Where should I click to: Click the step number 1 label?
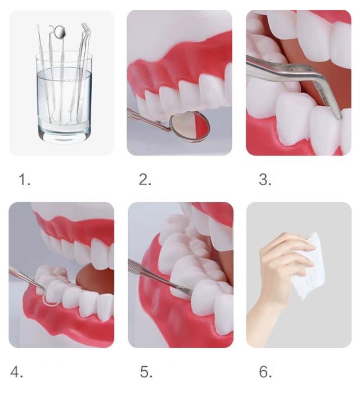pos(25,179)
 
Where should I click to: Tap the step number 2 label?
pos(145,179)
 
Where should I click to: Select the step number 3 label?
pos(265,179)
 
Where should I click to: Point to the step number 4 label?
pos(16,372)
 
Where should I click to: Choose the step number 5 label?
pos(146,372)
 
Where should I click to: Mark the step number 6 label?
pos(265,372)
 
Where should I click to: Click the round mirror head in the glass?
pos(60,32)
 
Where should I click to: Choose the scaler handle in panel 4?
pos(24,277)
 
